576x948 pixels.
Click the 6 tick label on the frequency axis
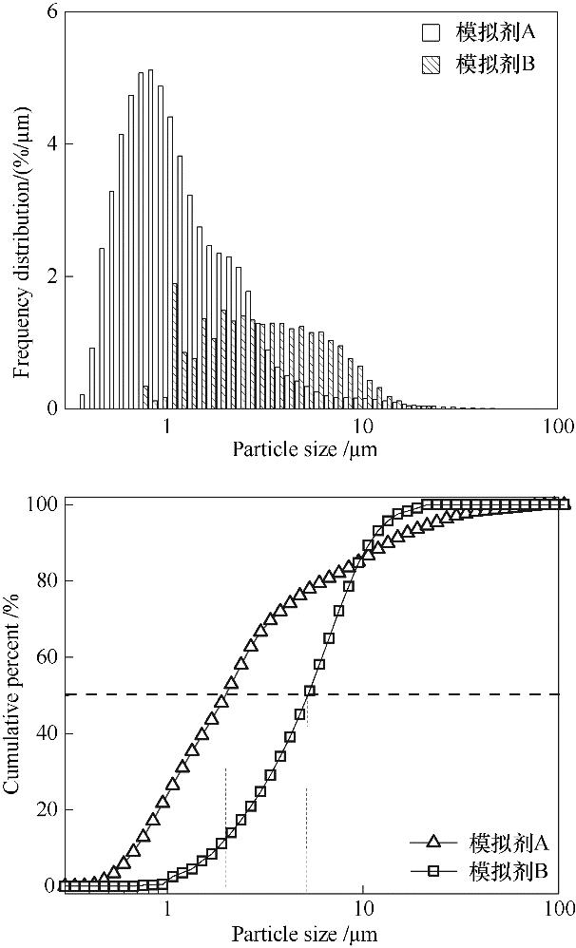(x=51, y=12)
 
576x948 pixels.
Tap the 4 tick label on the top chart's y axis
(x=51, y=144)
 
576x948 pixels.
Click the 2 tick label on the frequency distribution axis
(x=51, y=276)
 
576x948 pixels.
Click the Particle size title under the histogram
(x=304, y=449)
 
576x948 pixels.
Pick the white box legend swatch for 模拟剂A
(x=432, y=32)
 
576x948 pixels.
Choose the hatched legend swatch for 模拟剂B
(x=432, y=65)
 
